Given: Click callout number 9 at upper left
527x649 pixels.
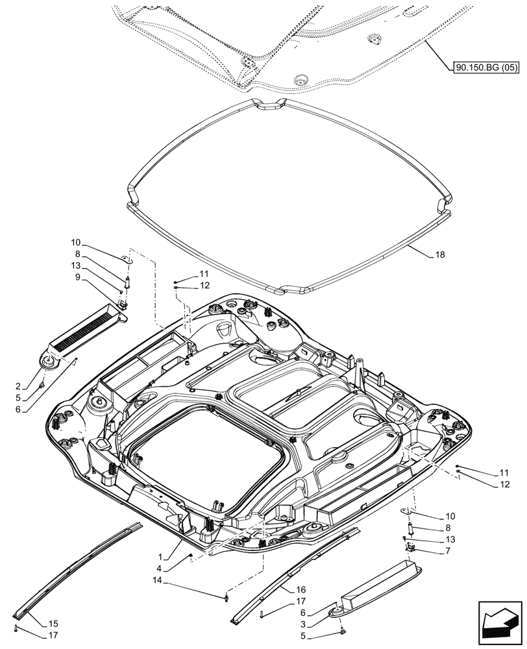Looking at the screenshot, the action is click(x=77, y=277).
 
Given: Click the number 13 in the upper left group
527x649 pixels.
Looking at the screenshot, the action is click(x=77, y=265).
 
